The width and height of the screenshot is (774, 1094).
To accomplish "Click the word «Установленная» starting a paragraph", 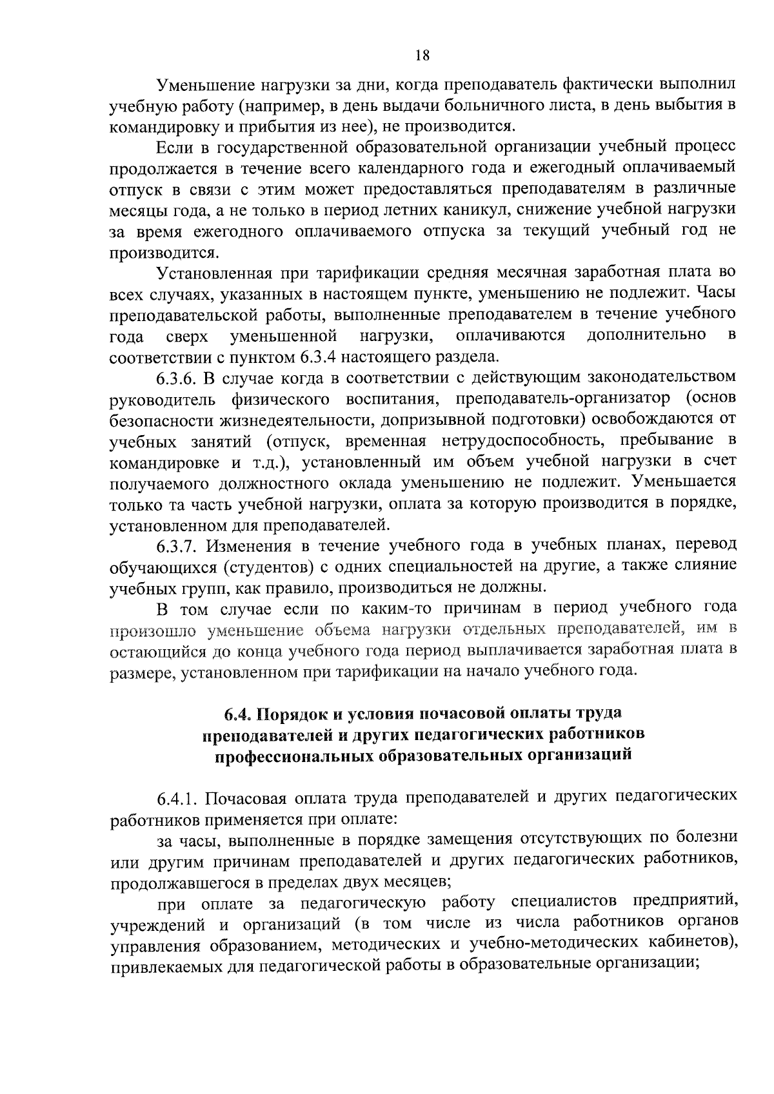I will pyautogui.click(x=213, y=273).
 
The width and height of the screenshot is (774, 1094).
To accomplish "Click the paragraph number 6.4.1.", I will pyautogui.click(x=181, y=799).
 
